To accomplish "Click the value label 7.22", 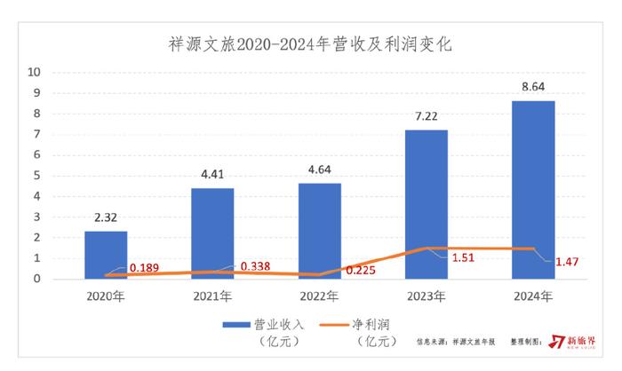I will (x=427, y=116).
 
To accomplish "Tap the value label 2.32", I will (x=106, y=217).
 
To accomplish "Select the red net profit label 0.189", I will (x=146, y=267).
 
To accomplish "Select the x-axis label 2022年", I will (x=320, y=296).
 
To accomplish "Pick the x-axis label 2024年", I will (x=534, y=296).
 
